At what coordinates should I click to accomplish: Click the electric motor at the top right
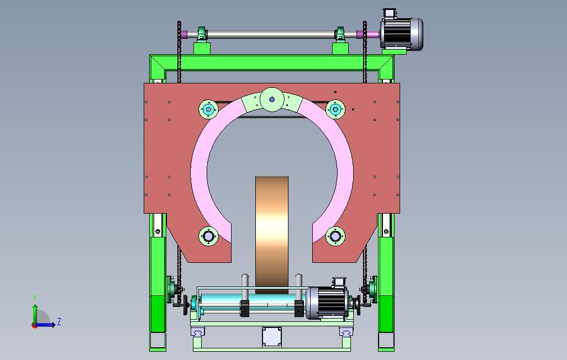(x=401, y=33)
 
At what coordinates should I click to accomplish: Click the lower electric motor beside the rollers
(x=327, y=303)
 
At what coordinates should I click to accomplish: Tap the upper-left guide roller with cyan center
(x=209, y=109)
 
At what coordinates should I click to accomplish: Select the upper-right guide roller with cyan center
(x=335, y=109)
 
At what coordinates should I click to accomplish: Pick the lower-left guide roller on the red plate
(x=209, y=236)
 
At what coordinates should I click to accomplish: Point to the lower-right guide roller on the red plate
(x=335, y=236)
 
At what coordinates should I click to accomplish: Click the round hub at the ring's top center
(x=272, y=99)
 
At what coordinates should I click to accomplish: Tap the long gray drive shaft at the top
(x=271, y=35)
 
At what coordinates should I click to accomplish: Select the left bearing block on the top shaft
(x=202, y=34)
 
